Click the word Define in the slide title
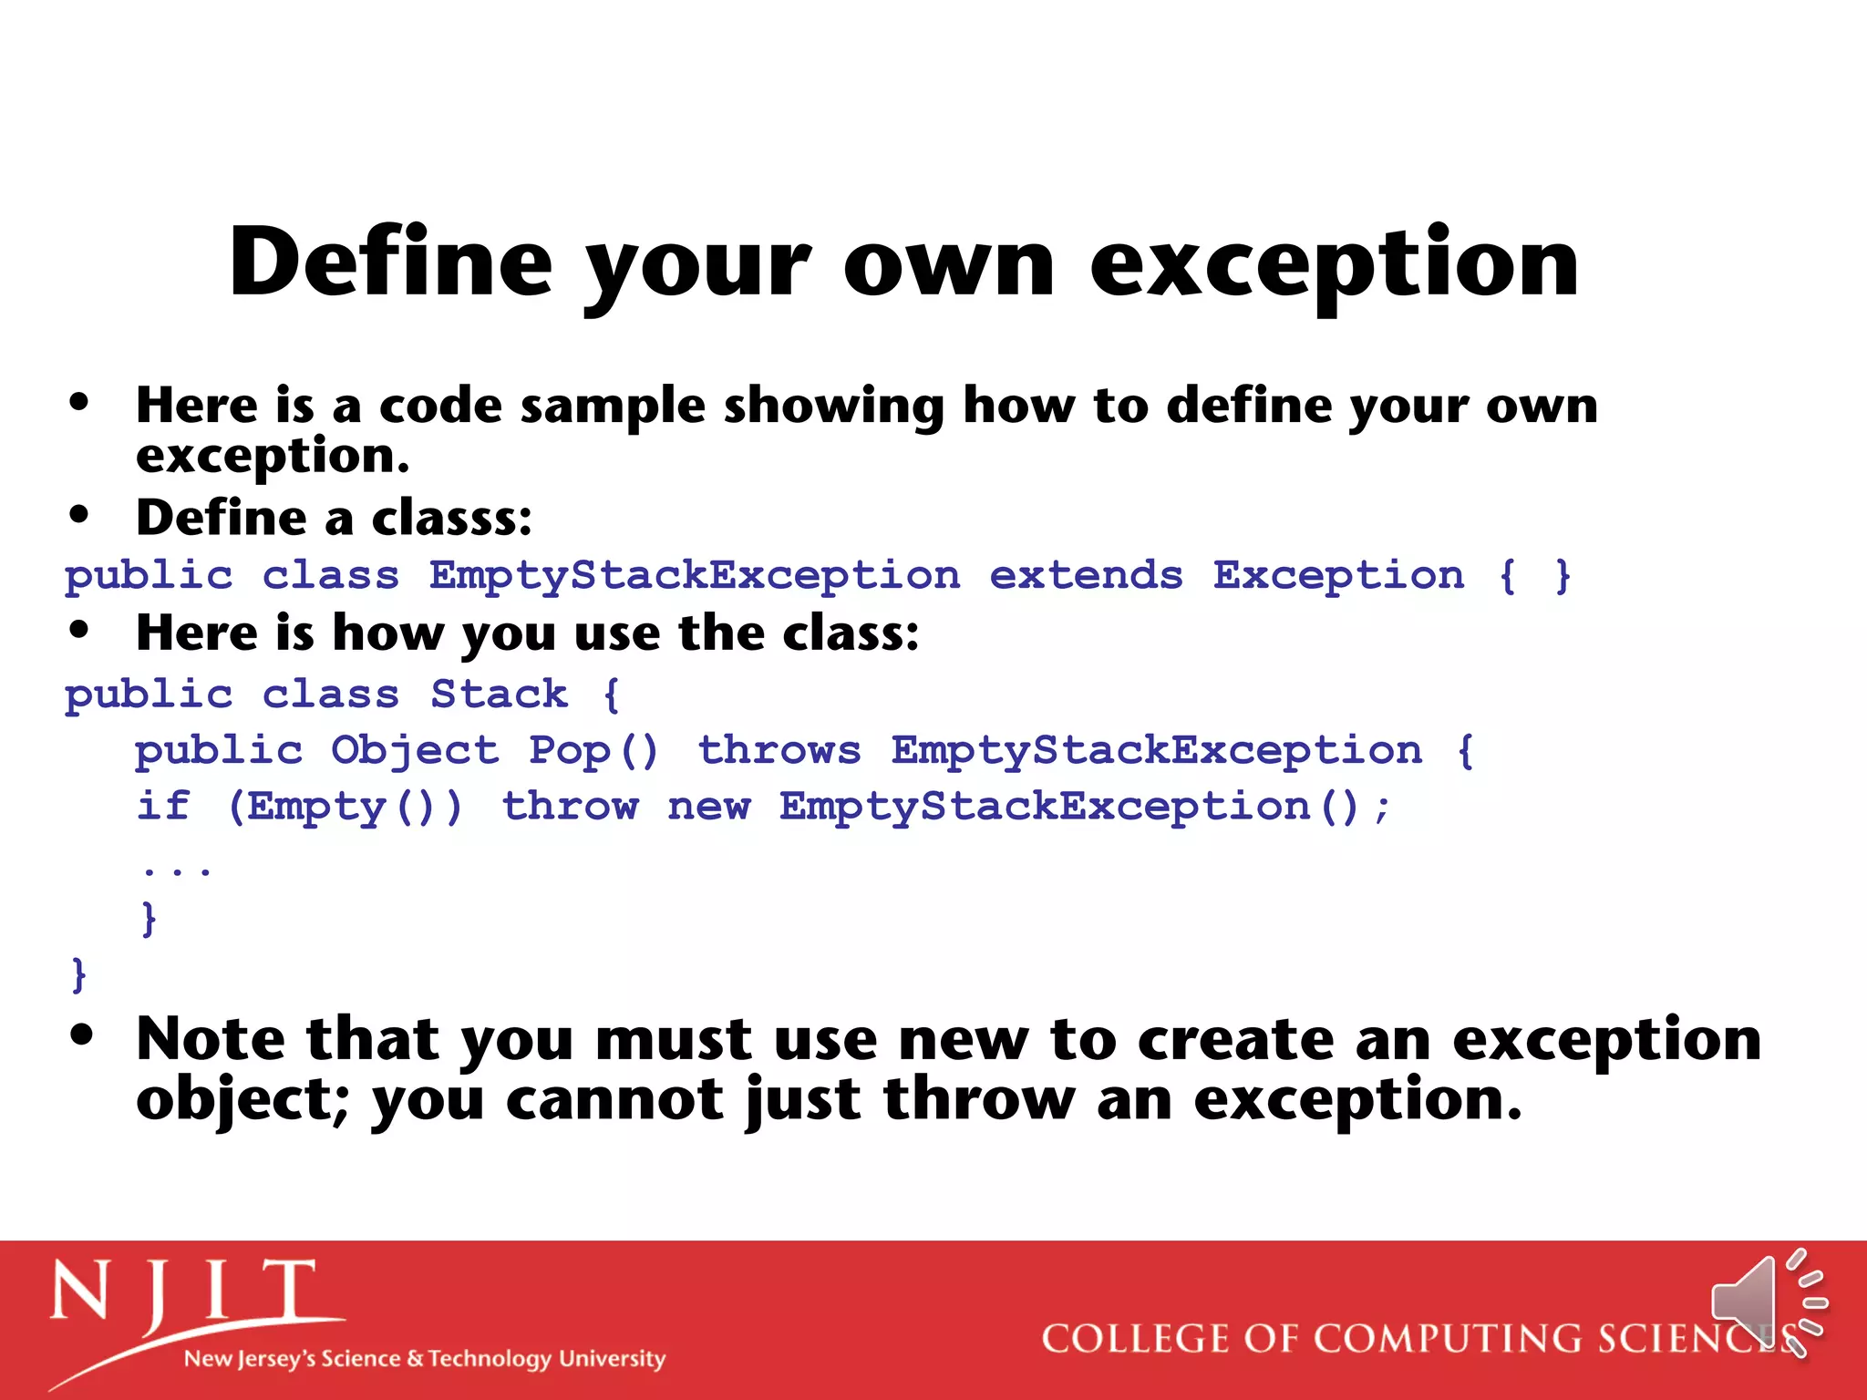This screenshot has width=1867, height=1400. coord(390,262)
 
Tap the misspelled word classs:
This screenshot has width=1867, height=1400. coord(452,518)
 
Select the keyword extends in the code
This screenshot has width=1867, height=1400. coord(1085,576)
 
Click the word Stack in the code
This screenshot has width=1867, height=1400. coord(499,695)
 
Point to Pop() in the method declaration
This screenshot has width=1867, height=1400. coord(593,751)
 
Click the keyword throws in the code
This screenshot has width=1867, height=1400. coord(779,751)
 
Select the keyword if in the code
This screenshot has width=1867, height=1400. coord(163,806)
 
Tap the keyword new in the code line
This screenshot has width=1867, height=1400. coord(708,808)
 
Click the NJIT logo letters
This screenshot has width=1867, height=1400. coord(182,1292)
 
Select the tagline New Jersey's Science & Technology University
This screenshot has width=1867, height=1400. coord(424,1359)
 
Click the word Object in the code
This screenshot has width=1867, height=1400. coord(415,751)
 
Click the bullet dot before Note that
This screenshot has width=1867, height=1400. coord(81,1035)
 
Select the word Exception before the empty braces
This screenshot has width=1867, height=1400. coord(1337,576)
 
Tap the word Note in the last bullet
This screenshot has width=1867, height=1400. coord(211,1039)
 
